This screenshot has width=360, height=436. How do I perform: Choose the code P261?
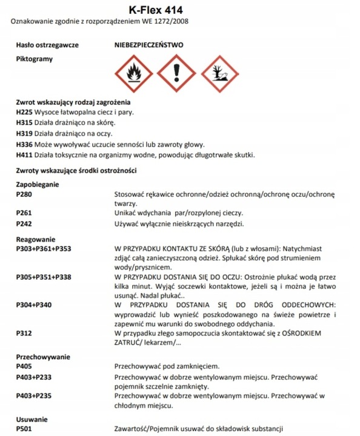tap(24, 213)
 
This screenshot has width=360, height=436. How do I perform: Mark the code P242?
tap(24, 224)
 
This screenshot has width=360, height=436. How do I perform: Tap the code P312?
tap(24, 333)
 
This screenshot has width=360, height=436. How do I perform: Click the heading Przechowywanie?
tap(42, 357)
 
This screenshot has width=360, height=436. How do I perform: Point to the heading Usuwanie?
tap(32, 419)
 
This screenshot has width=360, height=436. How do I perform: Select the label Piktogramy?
tap(35, 59)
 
